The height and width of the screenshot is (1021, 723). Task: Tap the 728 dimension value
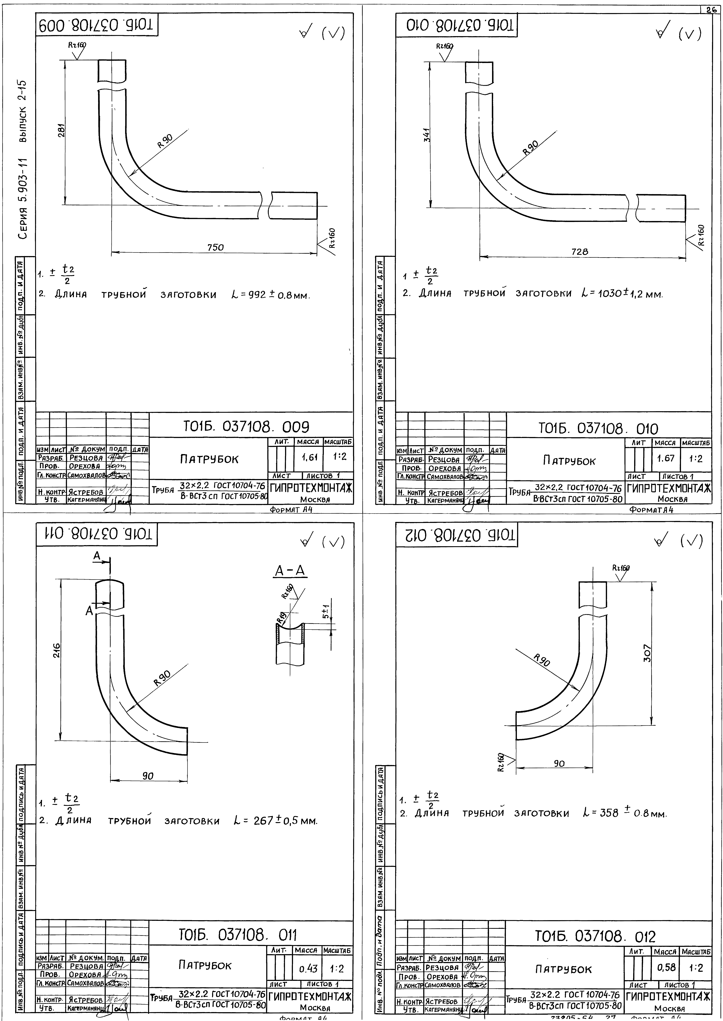580,251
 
